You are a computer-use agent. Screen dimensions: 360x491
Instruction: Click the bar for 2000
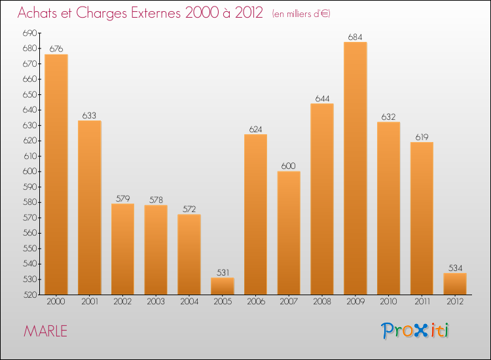(x=56, y=174)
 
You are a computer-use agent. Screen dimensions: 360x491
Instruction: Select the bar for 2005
(x=223, y=286)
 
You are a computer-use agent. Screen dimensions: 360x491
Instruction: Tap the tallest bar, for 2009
(x=355, y=168)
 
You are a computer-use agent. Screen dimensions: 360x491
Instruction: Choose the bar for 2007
(x=289, y=233)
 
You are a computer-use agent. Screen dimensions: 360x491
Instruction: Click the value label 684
(x=355, y=37)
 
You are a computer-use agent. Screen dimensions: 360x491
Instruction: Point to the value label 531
(x=223, y=272)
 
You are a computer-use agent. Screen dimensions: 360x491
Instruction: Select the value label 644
(x=322, y=98)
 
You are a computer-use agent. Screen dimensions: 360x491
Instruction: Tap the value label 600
(x=289, y=166)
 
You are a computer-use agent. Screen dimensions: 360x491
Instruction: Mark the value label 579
(x=122, y=198)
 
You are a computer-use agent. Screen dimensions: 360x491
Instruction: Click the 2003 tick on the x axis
(x=156, y=302)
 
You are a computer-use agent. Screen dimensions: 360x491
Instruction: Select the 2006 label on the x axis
(x=255, y=302)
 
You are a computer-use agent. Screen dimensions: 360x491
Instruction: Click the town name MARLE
(x=45, y=331)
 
